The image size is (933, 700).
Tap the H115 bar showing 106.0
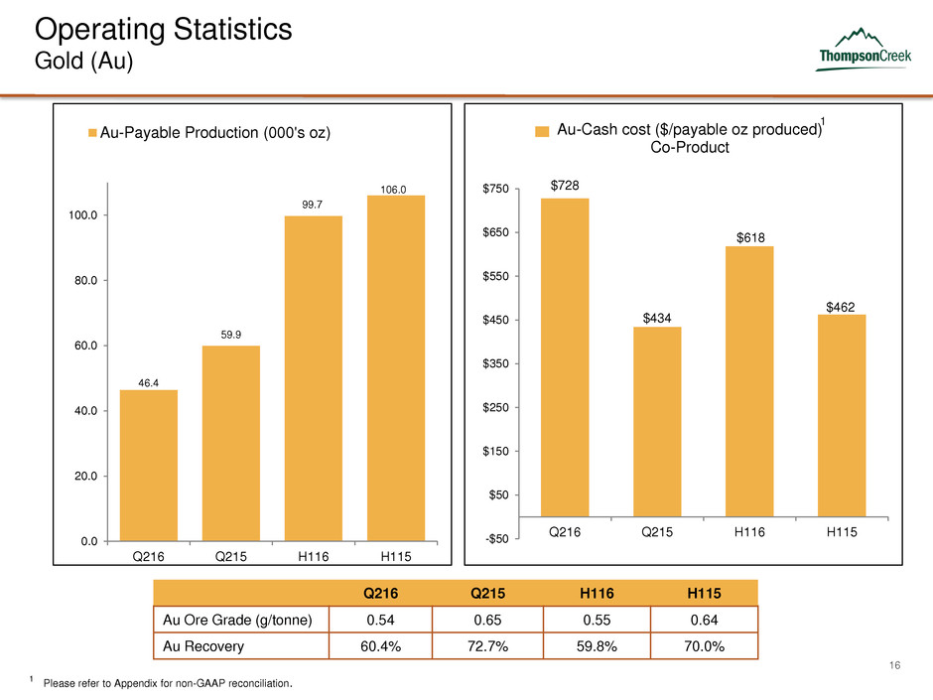click(396, 367)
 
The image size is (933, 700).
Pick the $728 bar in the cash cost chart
click(565, 357)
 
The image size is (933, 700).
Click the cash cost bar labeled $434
click(657, 422)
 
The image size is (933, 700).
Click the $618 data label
click(749, 236)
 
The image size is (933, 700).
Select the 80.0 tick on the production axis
click(79, 280)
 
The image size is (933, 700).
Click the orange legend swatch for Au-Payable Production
click(91, 133)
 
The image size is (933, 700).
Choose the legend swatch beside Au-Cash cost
click(543, 130)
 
